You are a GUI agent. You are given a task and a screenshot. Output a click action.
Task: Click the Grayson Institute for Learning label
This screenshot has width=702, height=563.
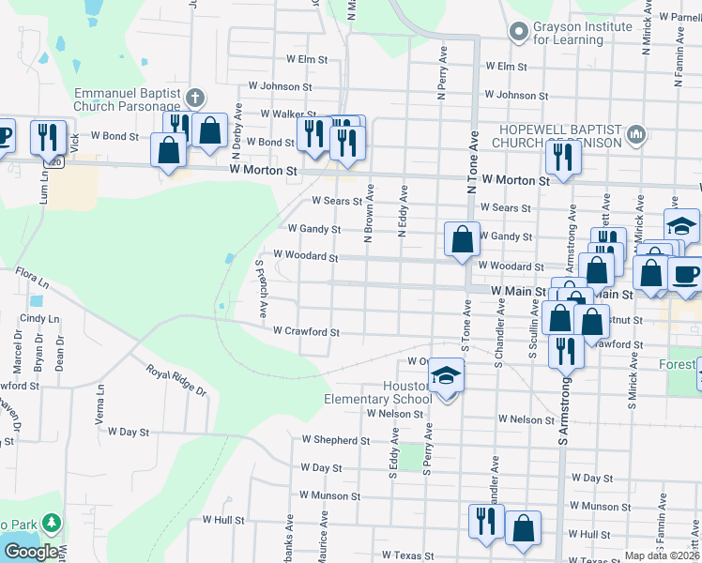pos(582,33)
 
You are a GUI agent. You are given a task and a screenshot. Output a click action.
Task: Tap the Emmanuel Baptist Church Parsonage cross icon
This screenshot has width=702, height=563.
pos(195,97)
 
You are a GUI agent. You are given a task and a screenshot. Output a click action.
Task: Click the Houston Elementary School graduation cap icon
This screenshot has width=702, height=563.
pos(447,377)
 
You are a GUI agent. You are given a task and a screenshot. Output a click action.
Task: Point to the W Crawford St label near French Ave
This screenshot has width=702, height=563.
pos(306,331)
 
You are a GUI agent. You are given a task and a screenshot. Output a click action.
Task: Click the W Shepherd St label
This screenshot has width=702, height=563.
pos(335,439)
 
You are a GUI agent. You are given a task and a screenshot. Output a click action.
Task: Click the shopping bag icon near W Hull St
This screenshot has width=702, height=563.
pos(523,527)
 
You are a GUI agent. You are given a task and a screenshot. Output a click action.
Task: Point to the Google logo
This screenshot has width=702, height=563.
pos(31,552)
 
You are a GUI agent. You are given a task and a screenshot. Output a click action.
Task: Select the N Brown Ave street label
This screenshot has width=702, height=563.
pos(370,212)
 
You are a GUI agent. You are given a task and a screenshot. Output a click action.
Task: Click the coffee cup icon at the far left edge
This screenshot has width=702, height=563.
pos(3,136)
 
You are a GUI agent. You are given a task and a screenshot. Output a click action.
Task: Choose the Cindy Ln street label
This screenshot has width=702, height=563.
pos(39,318)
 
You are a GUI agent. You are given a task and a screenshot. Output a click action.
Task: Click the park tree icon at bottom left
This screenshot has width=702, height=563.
pos(52,522)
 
